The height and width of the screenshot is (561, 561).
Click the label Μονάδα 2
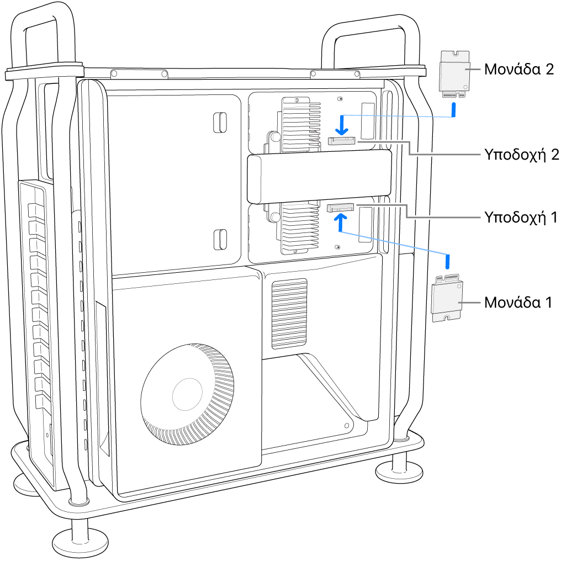[517, 70]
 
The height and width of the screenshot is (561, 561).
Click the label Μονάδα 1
[517, 302]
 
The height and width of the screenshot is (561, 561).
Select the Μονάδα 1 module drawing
[447, 298]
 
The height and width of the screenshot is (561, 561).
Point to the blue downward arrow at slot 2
[342, 125]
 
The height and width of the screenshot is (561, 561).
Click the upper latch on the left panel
[219, 122]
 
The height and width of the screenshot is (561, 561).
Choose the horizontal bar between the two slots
[319, 178]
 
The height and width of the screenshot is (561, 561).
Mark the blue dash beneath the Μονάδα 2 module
[454, 110]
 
